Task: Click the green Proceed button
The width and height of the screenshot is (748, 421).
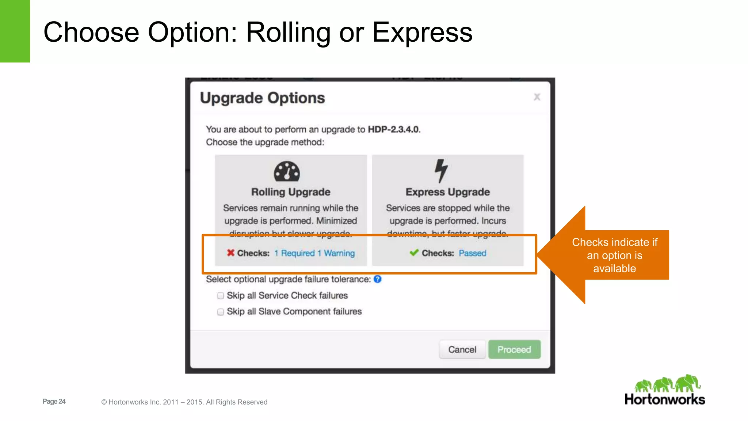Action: (514, 350)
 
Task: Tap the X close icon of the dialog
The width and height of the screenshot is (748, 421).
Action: (537, 97)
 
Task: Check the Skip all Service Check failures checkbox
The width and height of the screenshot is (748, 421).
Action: (221, 296)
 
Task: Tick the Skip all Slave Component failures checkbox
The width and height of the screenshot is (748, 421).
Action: (221, 312)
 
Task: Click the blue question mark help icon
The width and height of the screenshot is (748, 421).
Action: (378, 279)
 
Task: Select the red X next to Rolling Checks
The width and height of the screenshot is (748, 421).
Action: (230, 253)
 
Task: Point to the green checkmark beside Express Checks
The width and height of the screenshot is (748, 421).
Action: (414, 253)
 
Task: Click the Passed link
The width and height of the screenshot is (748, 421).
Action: (472, 253)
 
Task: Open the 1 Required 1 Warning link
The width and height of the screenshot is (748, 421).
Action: (314, 253)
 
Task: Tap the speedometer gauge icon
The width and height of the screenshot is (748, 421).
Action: (287, 171)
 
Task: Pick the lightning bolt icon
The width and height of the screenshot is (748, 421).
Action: (441, 171)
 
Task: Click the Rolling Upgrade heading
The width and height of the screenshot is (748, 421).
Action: (291, 192)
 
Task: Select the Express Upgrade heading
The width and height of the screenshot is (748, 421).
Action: (447, 192)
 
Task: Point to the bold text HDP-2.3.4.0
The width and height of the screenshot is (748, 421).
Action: (393, 129)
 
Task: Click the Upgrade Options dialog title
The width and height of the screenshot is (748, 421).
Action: (262, 98)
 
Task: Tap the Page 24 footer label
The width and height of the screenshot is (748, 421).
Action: (54, 401)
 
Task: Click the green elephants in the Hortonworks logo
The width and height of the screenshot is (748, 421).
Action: (667, 384)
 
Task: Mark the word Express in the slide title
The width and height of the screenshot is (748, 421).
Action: (422, 33)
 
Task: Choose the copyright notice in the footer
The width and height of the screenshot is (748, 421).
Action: (184, 402)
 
